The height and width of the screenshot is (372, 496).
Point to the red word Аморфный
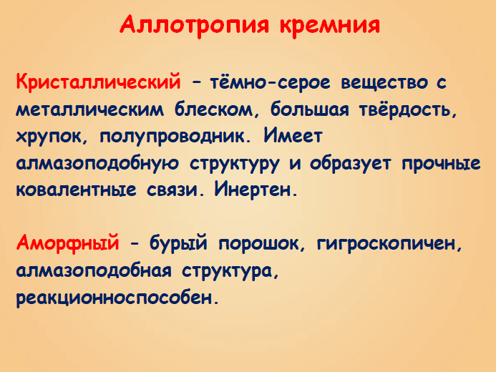67,243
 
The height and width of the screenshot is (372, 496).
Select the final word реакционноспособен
115,298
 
